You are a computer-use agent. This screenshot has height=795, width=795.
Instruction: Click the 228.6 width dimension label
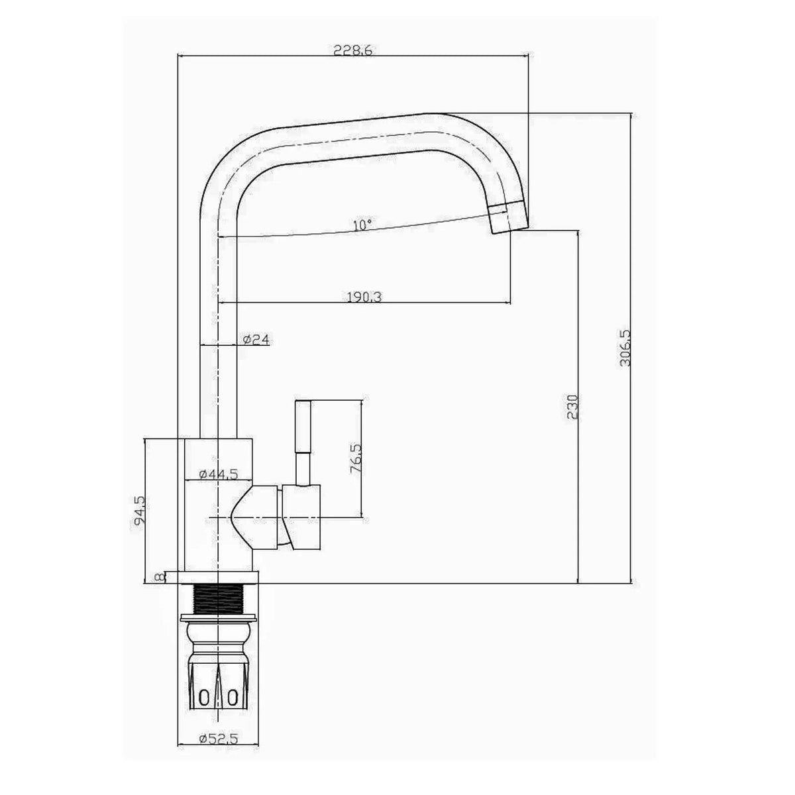[352, 50]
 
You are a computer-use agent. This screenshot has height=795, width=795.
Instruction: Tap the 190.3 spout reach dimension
[364, 297]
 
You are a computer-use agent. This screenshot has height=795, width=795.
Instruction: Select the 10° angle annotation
[362, 225]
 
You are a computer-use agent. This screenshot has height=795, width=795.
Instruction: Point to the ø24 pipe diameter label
[256, 340]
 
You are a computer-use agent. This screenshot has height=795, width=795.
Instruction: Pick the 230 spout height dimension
[572, 407]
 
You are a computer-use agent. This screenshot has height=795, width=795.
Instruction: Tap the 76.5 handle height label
[355, 458]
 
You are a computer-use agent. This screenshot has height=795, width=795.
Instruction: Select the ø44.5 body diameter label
[218, 474]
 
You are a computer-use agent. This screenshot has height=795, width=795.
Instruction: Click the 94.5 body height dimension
[139, 511]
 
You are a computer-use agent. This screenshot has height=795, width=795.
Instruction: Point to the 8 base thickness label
[158, 577]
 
